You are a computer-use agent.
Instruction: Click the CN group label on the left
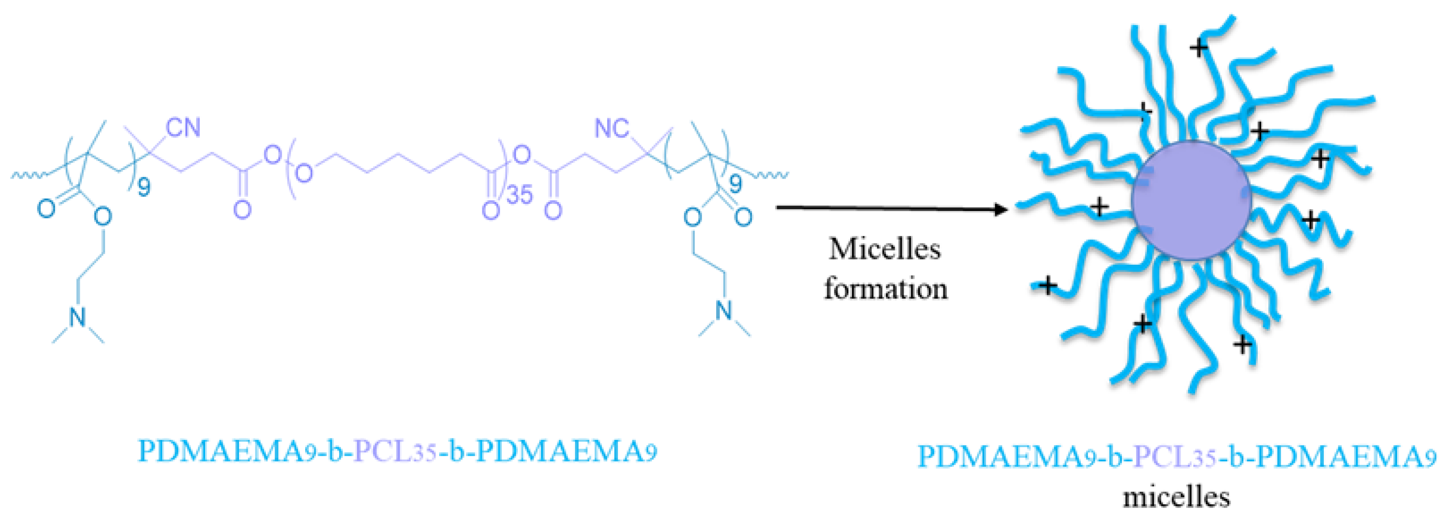tap(183, 128)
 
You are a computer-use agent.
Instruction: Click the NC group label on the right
tap(611, 129)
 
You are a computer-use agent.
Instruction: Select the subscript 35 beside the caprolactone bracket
tap(519, 195)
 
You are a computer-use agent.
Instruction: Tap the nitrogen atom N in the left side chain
tap(78, 317)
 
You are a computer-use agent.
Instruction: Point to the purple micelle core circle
tap(1191, 200)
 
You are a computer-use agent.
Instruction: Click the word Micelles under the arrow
tap(885, 249)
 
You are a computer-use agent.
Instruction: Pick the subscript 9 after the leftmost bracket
tap(144, 187)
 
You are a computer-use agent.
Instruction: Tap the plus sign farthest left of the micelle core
tap(1046, 286)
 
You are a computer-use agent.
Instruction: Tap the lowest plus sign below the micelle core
tap(1243, 343)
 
